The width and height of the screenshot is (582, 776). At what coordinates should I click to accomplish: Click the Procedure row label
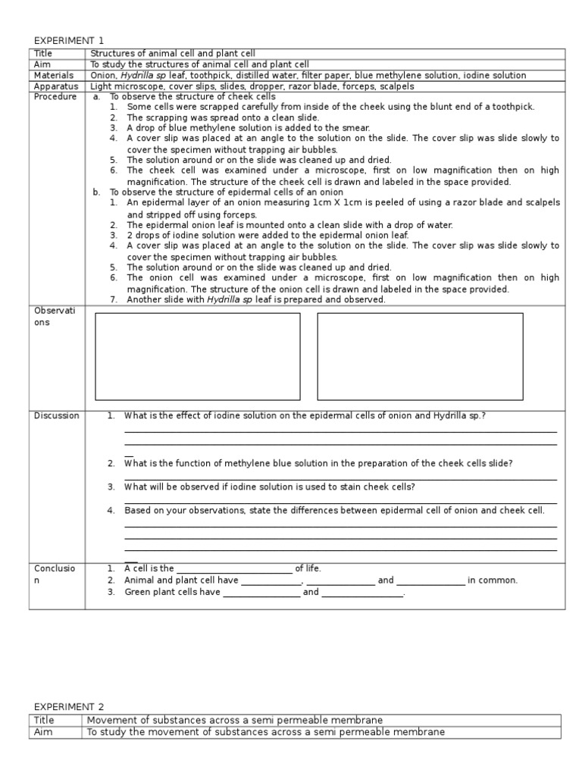point(54,97)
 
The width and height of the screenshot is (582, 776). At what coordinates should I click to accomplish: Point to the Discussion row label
point(55,415)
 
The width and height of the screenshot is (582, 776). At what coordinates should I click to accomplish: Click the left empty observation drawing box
point(197,355)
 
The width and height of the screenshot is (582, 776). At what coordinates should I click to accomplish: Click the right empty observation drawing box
point(420,355)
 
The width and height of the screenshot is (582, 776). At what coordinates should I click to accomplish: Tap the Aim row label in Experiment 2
point(42,732)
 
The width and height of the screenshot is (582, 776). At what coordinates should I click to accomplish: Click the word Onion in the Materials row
point(103,75)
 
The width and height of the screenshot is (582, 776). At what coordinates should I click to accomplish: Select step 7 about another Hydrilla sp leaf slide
point(255,299)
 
